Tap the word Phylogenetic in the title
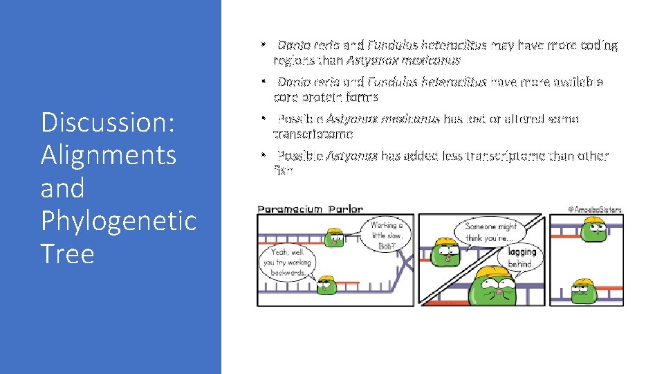118,220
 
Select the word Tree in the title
67,253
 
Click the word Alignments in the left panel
108,155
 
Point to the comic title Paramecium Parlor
310,208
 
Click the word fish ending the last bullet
283,170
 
